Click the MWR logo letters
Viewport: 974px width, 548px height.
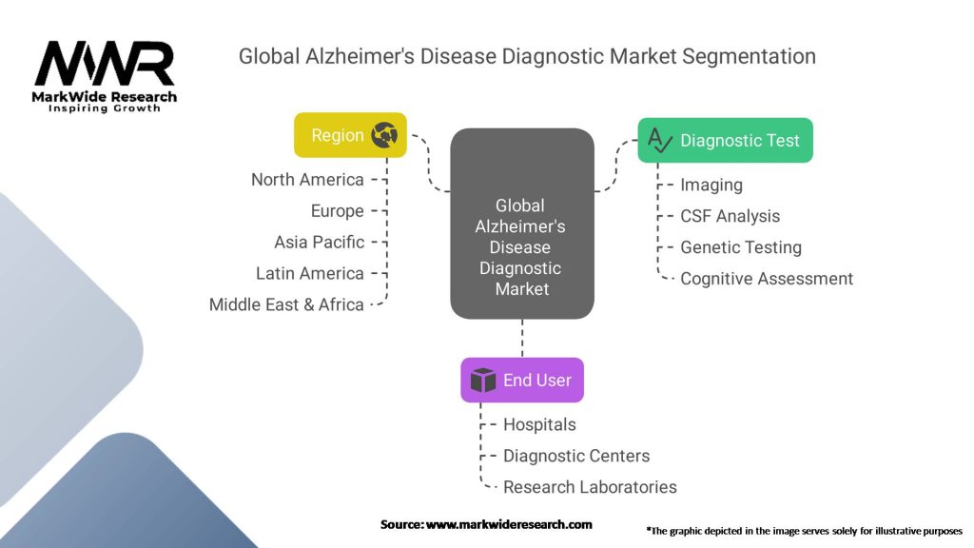point(105,64)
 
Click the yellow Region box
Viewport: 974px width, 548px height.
point(350,135)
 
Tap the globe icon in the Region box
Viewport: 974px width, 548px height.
point(384,135)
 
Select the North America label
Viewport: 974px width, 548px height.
point(307,180)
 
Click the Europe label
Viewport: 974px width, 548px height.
point(338,211)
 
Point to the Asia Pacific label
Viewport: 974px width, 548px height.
point(320,243)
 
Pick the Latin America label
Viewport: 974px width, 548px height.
point(310,273)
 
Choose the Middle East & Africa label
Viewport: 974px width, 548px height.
point(286,304)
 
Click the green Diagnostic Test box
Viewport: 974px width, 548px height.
point(725,141)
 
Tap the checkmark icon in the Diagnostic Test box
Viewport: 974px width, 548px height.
point(660,140)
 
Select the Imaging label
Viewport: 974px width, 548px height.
point(711,186)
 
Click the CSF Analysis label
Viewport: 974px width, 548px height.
point(730,216)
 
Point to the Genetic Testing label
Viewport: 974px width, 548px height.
point(741,247)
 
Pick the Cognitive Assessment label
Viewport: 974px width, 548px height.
point(767,279)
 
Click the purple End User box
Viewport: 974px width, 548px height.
point(522,381)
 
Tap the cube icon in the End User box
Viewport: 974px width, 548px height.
point(482,381)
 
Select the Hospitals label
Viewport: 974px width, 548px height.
point(540,425)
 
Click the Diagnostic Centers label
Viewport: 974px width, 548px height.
point(576,456)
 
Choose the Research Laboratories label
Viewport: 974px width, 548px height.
point(590,487)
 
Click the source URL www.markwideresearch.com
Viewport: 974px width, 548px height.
point(509,524)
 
